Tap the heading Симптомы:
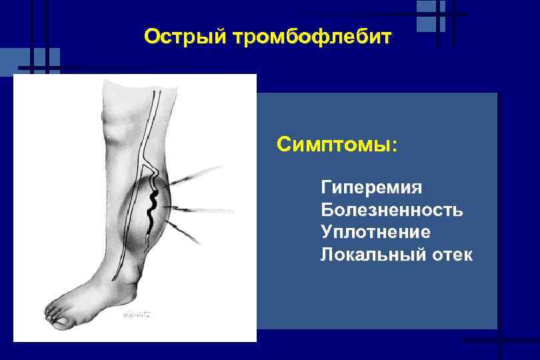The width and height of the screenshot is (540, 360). tap(337, 144)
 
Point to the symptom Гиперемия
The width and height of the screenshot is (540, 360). tap(371, 187)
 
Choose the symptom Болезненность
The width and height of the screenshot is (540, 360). tap(392, 210)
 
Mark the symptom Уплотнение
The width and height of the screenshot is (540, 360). tap(375, 232)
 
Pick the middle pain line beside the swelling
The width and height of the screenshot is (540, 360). tap(207, 210)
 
